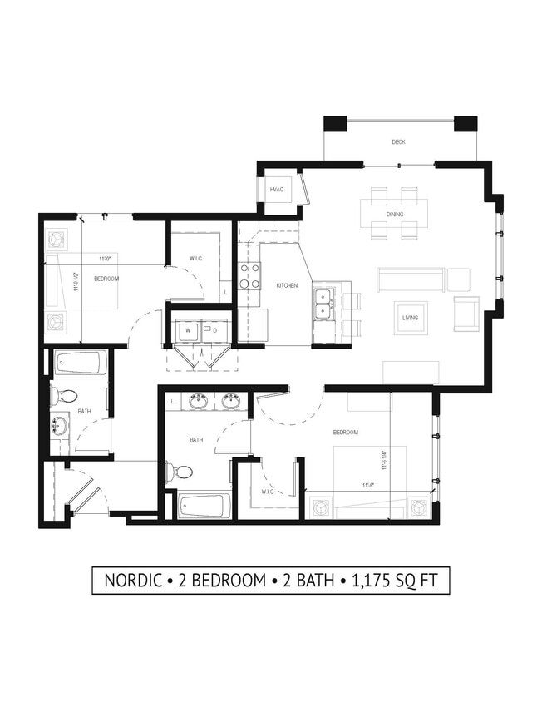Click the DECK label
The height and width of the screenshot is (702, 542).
(399, 142)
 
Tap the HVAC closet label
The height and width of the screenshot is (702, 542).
(277, 190)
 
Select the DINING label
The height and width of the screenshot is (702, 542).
(394, 215)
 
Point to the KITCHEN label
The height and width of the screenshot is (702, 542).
(287, 285)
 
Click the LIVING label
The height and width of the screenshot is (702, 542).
(410, 318)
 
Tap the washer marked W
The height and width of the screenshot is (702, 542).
(189, 330)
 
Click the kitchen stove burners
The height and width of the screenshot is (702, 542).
(249, 276)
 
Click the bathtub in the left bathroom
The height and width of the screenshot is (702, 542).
(81, 363)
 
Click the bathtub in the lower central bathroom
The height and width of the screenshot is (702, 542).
(204, 505)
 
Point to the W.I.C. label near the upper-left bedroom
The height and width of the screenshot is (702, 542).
(196, 259)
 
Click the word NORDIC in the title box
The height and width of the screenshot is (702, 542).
(134, 581)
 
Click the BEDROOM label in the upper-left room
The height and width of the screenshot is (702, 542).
(106, 279)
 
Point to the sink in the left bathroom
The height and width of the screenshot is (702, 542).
(59, 427)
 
